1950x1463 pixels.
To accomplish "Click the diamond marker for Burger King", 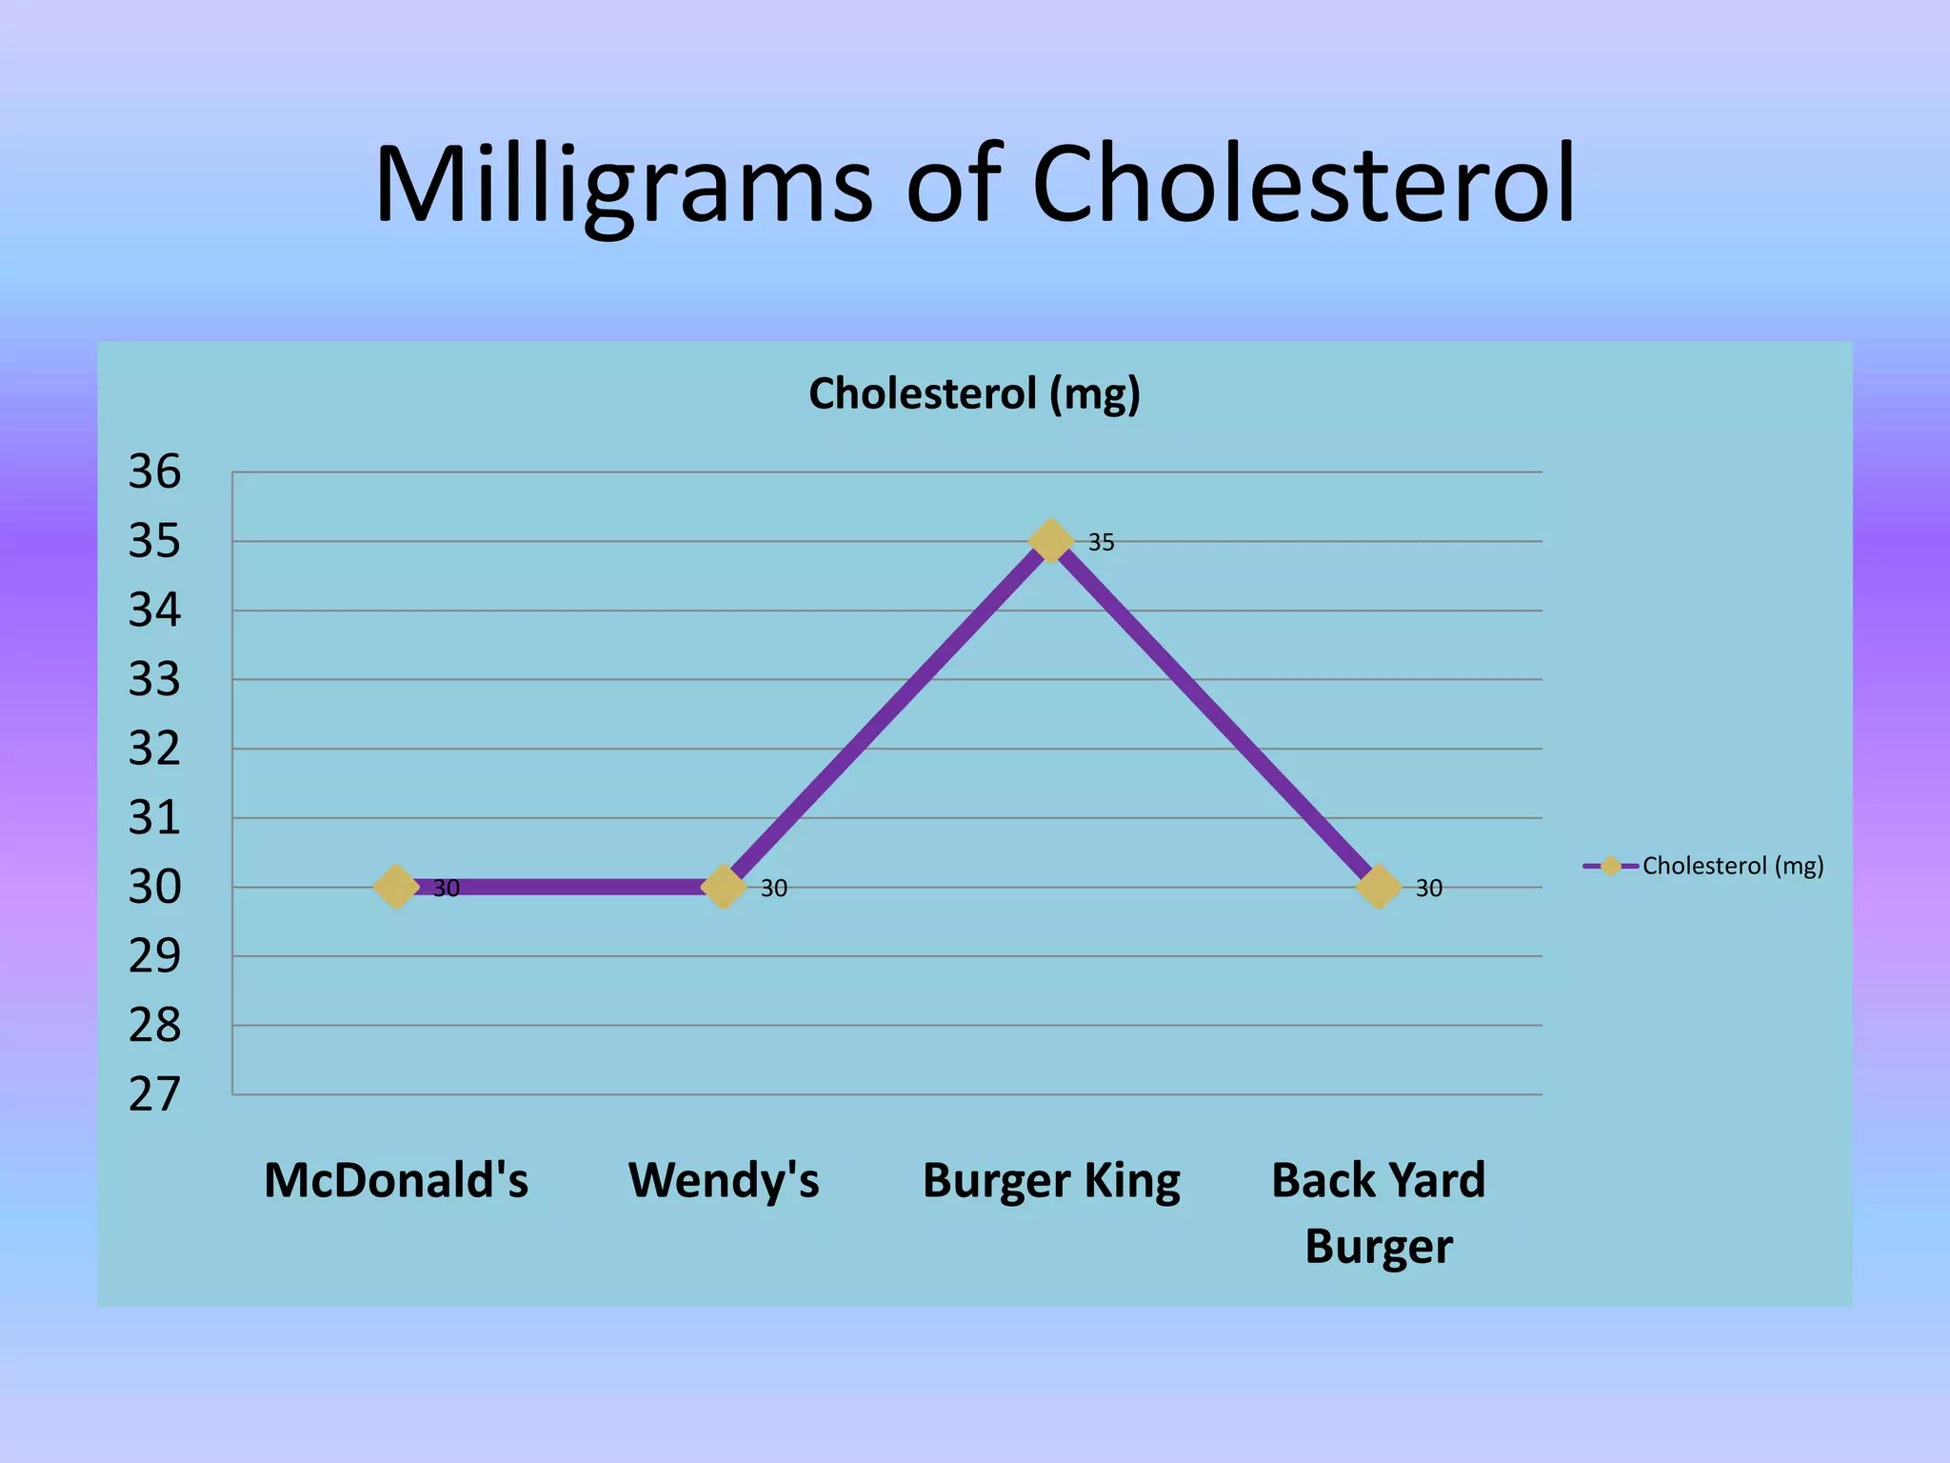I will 1050,541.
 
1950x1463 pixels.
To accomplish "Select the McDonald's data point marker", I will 396,887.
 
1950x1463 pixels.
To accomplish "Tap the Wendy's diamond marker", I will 723,887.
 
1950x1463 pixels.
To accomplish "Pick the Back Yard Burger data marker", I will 1378,887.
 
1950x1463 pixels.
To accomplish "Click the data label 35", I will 1101,542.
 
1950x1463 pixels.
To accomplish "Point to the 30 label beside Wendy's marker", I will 773,889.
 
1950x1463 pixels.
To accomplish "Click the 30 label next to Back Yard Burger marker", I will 1428,889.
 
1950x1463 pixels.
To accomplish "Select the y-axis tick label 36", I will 154,471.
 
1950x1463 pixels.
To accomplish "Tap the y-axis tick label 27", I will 154,1094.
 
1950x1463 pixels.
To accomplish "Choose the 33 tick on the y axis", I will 154,680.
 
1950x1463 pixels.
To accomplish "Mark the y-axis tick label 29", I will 154,956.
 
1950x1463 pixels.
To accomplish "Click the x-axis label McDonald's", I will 396,1180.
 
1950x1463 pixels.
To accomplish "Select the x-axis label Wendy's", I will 724,1180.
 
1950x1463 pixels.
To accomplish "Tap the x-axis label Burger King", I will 1051,1181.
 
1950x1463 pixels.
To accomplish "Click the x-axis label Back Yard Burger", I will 1378,1212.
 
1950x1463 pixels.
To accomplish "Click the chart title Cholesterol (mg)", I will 974,393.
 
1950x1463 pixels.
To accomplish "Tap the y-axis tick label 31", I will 154,817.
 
